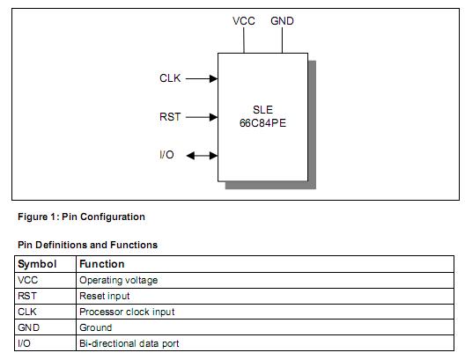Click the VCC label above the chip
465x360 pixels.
pos(244,20)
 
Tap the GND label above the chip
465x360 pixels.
pos(283,20)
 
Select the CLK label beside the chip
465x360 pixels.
pos(170,78)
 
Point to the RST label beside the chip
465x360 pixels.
pos(170,116)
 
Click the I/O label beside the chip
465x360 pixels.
pos(167,155)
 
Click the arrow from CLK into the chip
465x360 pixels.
pos(202,78)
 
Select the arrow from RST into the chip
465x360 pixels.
pos(202,116)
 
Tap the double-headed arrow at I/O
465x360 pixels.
pos(202,156)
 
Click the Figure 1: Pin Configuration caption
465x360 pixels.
pos(81,217)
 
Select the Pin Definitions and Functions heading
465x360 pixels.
pos(88,245)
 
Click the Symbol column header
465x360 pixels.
pos(37,263)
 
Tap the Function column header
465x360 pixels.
pos(102,263)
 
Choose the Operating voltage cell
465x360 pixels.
pos(118,280)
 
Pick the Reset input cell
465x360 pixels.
pos(105,296)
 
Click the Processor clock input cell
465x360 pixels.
pos(127,312)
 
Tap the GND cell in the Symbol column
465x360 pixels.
pos(28,327)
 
